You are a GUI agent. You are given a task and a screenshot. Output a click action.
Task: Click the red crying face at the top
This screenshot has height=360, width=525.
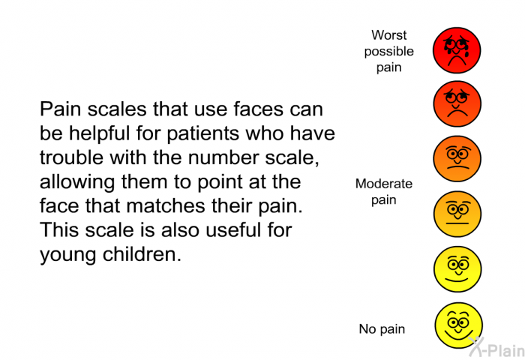click(x=457, y=50)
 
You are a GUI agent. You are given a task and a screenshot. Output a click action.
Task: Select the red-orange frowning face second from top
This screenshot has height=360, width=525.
click(x=457, y=103)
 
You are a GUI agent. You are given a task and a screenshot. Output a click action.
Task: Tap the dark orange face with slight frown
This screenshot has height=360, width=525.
click(x=457, y=159)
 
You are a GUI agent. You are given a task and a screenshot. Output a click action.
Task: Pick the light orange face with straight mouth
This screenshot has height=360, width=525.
click(x=457, y=214)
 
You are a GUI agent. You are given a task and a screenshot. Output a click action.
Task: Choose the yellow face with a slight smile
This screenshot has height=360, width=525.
click(x=457, y=269)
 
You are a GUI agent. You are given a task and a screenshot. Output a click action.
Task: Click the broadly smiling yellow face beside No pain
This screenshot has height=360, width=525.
click(x=458, y=325)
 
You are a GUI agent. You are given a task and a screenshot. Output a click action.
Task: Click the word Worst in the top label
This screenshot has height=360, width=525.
click(x=388, y=34)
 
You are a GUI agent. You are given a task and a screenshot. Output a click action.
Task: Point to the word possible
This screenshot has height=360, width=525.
click(x=389, y=52)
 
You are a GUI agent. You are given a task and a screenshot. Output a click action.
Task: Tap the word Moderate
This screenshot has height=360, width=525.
click(x=384, y=184)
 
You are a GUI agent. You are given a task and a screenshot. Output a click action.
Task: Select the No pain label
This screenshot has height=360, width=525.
click(x=382, y=328)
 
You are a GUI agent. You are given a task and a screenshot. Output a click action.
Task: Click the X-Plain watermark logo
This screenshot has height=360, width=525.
click(x=496, y=347)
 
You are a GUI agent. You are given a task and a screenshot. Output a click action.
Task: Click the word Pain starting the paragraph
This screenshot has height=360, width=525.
click(x=60, y=109)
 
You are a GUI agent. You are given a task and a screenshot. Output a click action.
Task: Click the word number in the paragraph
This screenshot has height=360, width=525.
click(x=223, y=157)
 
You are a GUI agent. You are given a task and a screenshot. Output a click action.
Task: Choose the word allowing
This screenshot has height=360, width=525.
click(x=77, y=181)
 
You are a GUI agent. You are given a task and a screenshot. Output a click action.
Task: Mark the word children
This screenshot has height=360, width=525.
click(x=142, y=254)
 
